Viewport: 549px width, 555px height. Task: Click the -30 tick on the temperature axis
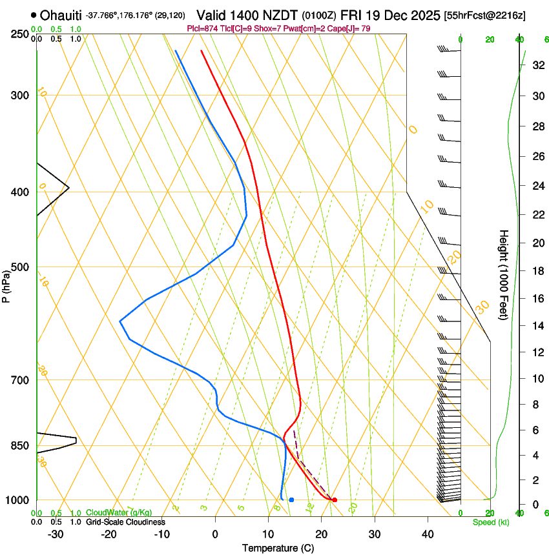pyautogui.click(x=56, y=534)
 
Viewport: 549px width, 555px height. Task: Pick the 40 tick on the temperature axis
pyautogui.click(x=427, y=534)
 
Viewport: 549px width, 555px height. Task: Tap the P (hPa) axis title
pyautogui.click(x=6, y=285)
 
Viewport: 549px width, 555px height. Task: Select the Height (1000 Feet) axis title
pyautogui.click(x=504, y=275)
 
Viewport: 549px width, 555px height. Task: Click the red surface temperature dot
pyautogui.click(x=335, y=500)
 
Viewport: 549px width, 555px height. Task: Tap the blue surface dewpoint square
pyautogui.click(x=292, y=500)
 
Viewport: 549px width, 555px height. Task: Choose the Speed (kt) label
pyautogui.click(x=490, y=522)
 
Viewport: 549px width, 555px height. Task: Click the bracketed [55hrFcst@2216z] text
pyautogui.click(x=485, y=15)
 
